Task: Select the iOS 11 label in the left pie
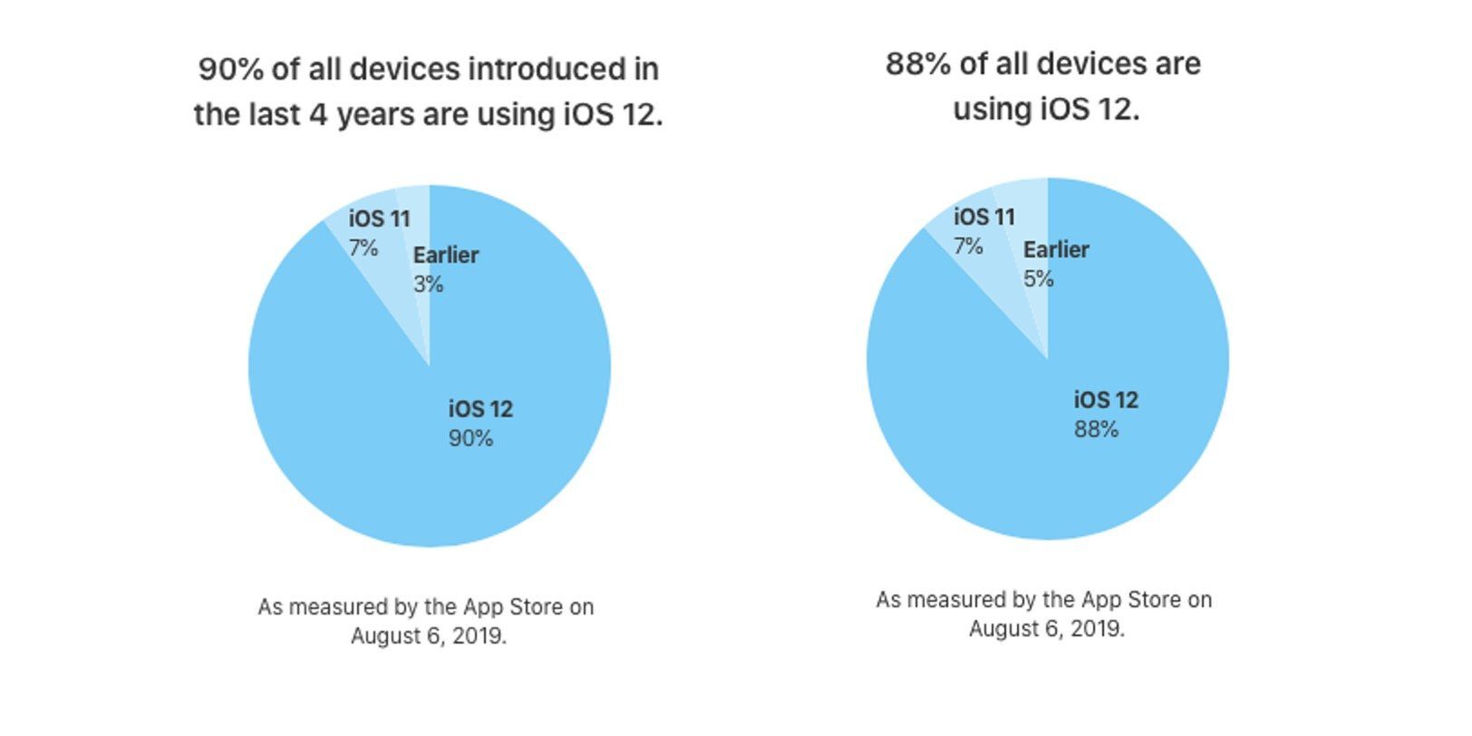[x=379, y=218]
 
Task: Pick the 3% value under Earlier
[x=428, y=284]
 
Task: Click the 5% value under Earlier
[x=1038, y=278]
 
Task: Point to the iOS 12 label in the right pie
[x=1106, y=400]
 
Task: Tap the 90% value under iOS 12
[x=470, y=439]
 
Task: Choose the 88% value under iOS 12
[x=1096, y=430]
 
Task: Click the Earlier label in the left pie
[x=445, y=255]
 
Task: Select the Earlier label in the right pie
[x=1056, y=249]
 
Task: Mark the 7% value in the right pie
[x=968, y=246]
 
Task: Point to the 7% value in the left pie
[x=363, y=247]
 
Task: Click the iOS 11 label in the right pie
[x=983, y=217]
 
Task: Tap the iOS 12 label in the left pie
[x=480, y=409]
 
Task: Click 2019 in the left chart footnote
[x=479, y=635]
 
